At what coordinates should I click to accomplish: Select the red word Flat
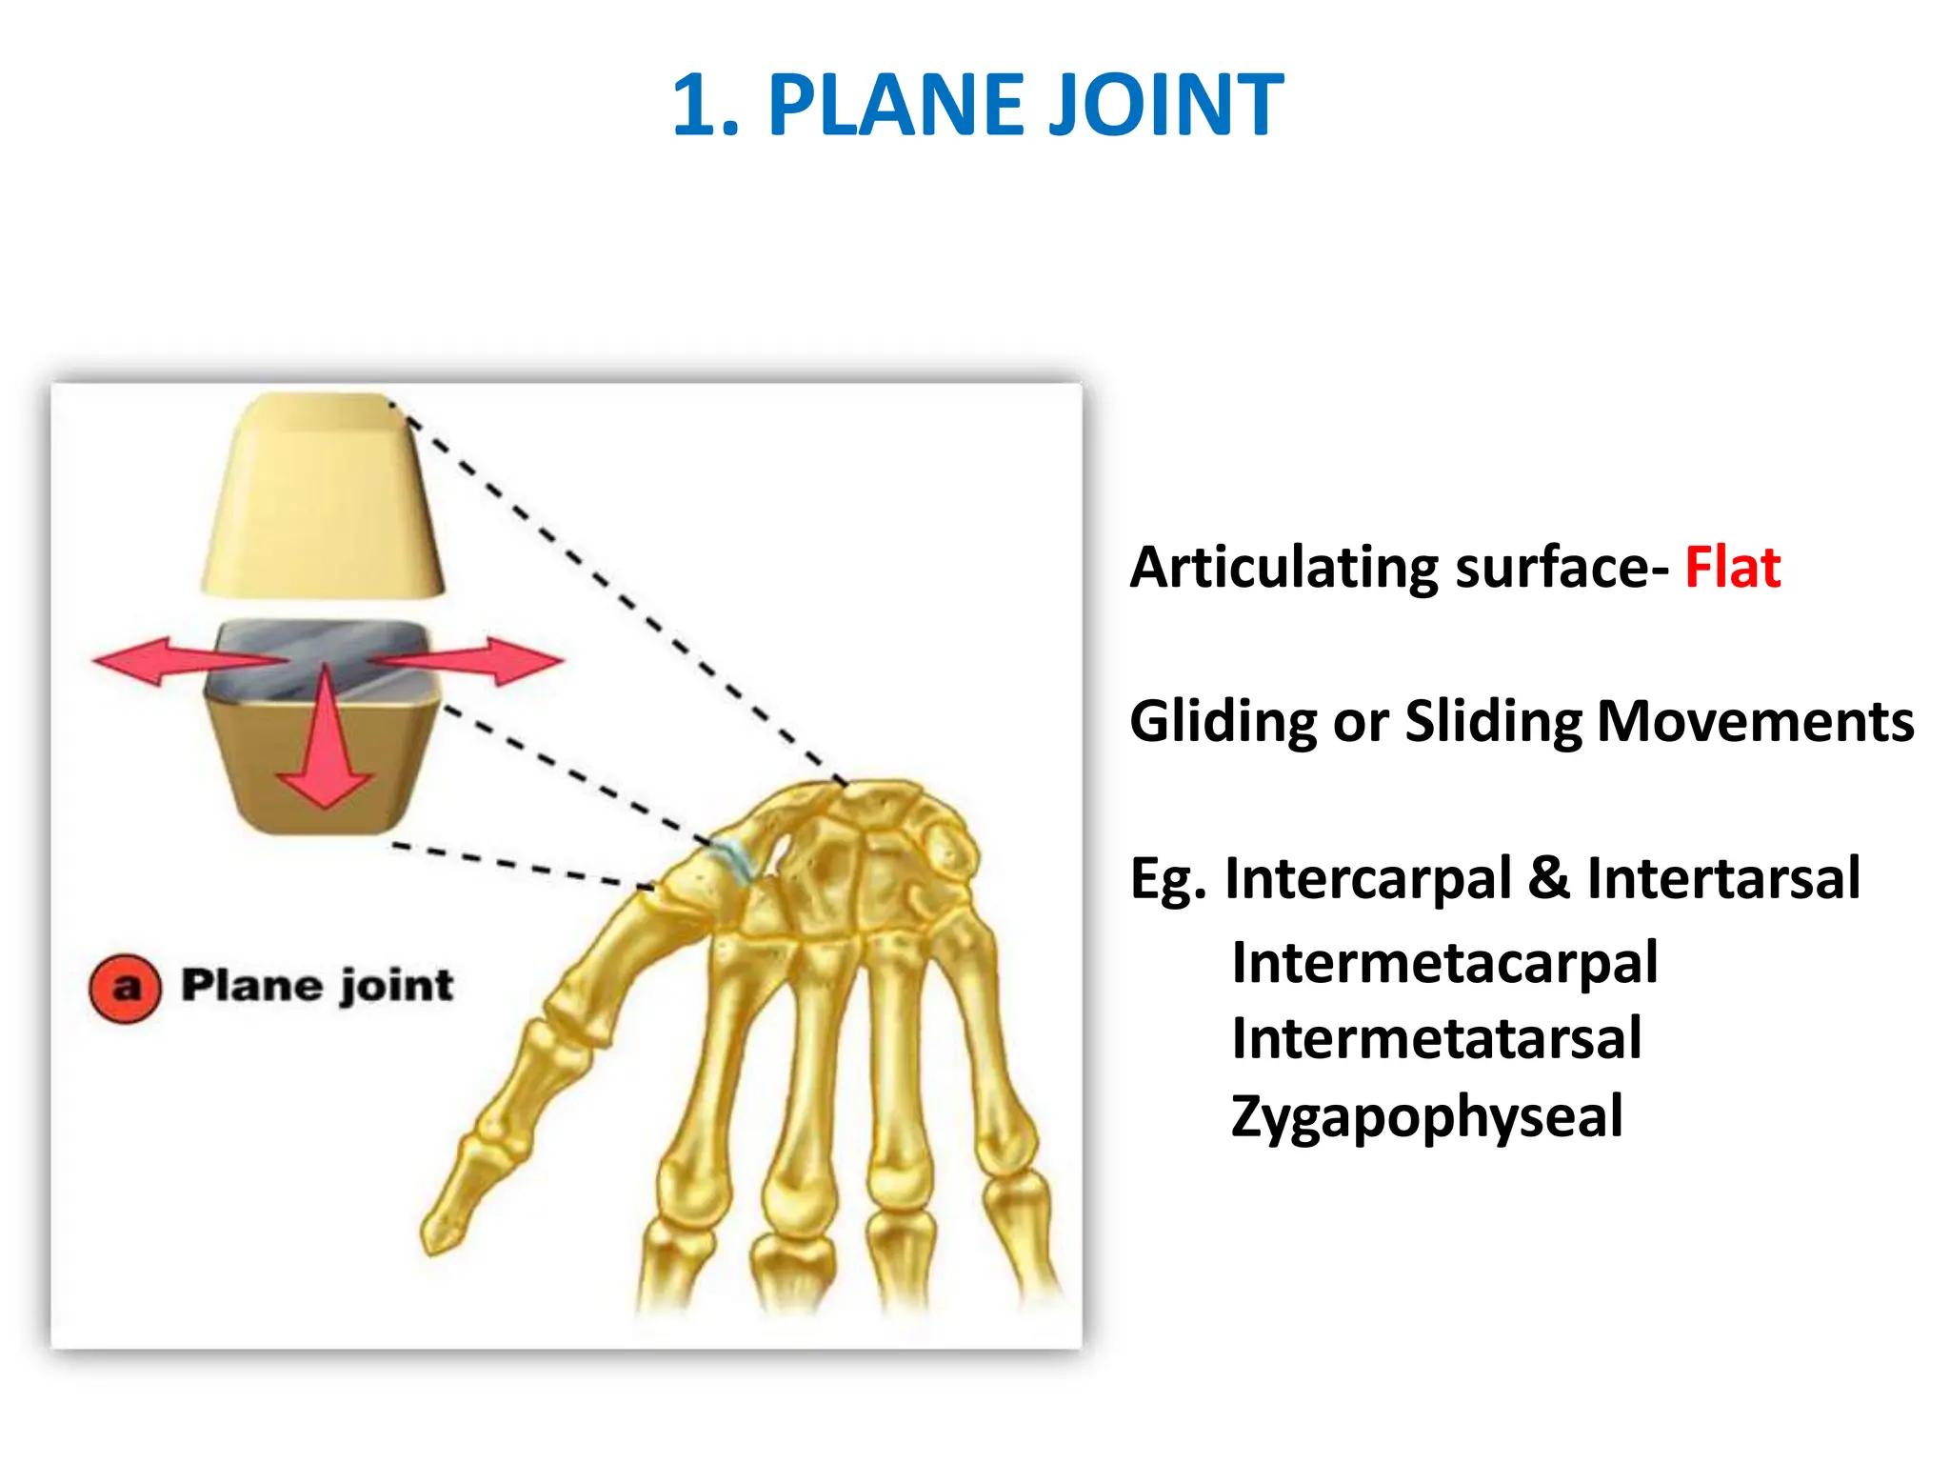pyautogui.click(x=1732, y=569)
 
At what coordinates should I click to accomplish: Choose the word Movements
pyautogui.click(x=1755, y=721)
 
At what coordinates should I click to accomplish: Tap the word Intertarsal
pyautogui.click(x=1722, y=878)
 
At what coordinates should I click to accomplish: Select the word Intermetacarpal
pyautogui.click(x=1443, y=963)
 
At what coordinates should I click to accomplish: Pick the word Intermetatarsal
pyautogui.click(x=1436, y=1038)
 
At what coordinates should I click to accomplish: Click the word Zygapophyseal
pyautogui.click(x=1426, y=1116)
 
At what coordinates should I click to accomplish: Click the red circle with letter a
pyautogui.click(x=125, y=988)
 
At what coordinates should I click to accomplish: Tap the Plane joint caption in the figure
pyautogui.click(x=317, y=986)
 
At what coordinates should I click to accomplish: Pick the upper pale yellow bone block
pyautogui.click(x=323, y=495)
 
